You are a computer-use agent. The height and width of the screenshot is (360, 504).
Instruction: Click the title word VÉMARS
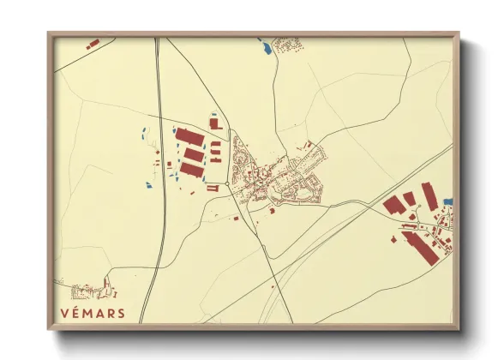pyautogui.click(x=93, y=313)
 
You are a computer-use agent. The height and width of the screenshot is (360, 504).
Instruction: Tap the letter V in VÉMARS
pyautogui.click(x=66, y=313)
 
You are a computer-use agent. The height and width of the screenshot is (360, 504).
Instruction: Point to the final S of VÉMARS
pyautogui.click(x=121, y=313)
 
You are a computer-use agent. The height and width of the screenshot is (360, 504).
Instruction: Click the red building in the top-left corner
pyautogui.click(x=93, y=42)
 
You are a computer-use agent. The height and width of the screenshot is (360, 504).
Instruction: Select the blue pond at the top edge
pyautogui.click(x=267, y=48)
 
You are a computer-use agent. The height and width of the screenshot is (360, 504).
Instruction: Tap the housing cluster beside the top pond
pyautogui.click(x=285, y=43)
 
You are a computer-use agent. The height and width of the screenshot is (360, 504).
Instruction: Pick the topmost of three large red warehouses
pyautogui.click(x=189, y=137)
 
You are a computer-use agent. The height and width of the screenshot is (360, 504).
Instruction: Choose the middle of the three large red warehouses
pyautogui.click(x=194, y=154)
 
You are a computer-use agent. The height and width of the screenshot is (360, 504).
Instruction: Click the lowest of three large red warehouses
pyautogui.click(x=191, y=170)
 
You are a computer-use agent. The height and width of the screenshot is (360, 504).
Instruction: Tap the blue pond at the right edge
pyautogui.click(x=447, y=202)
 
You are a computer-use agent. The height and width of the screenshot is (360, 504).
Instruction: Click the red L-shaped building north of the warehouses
pyautogui.click(x=213, y=123)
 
